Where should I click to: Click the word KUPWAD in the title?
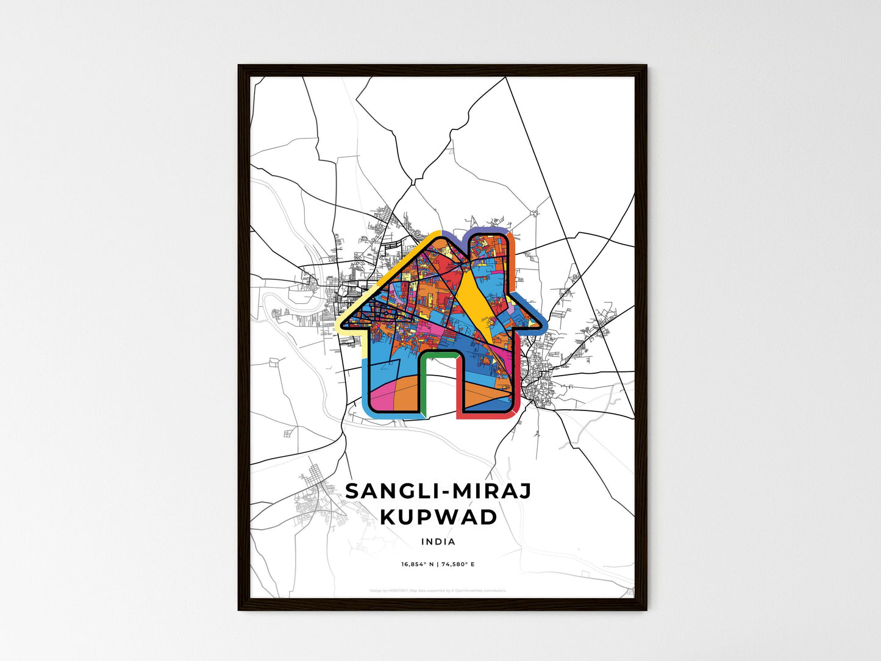(438, 517)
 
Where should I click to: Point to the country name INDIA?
(438, 541)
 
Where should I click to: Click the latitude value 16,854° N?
(417, 565)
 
